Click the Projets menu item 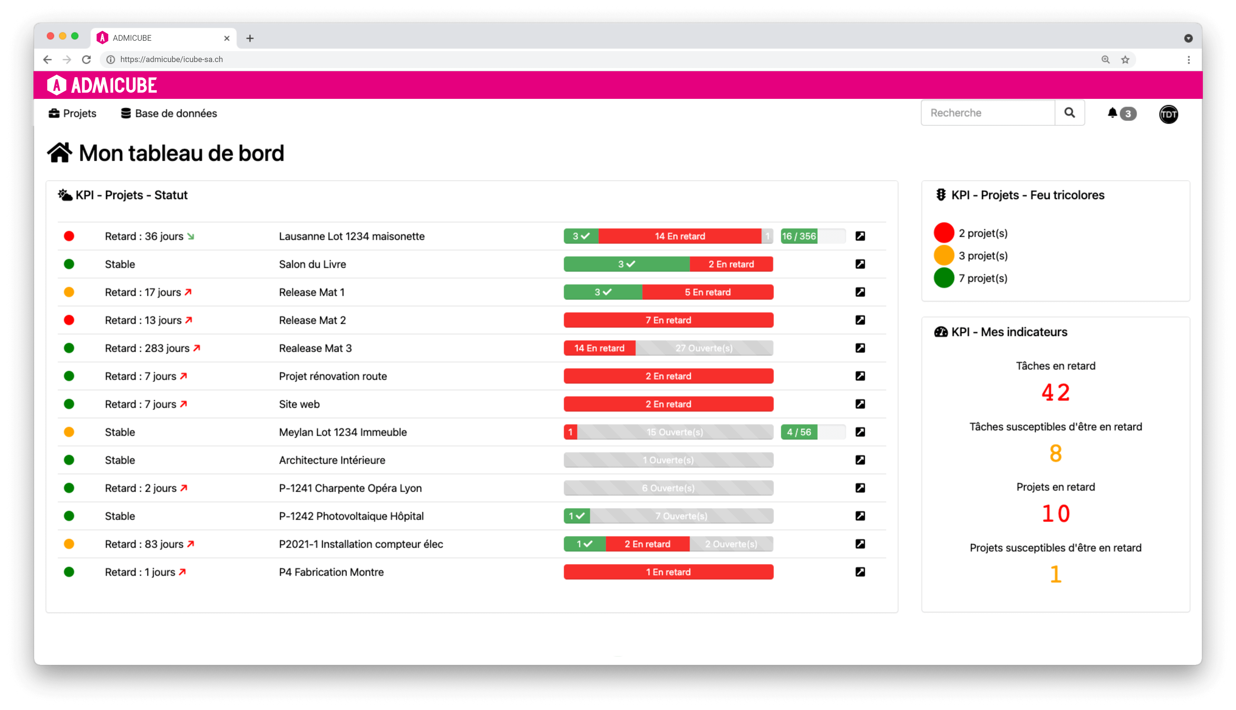[x=73, y=113]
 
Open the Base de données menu [x=168, y=113]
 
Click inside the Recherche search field [x=988, y=113]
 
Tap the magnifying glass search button [x=1069, y=113]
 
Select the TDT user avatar [x=1168, y=114]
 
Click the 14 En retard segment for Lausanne [x=679, y=236]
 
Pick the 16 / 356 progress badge [x=799, y=236]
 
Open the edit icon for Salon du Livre [x=860, y=264]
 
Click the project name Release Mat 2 [x=312, y=320]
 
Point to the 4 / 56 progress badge [x=799, y=432]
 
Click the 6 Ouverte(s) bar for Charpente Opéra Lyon [x=668, y=488]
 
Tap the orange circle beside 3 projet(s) [x=943, y=255]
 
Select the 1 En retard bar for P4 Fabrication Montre [x=668, y=572]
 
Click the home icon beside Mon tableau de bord [x=60, y=153]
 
